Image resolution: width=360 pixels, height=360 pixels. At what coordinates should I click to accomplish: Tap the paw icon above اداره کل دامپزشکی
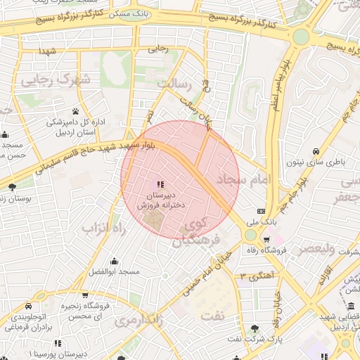point(76,110)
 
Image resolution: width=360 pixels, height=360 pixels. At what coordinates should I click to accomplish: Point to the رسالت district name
point(174,84)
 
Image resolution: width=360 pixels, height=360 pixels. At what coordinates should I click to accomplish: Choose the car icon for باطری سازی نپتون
point(316,152)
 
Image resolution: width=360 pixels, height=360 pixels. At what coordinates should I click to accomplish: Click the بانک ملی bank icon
point(262,211)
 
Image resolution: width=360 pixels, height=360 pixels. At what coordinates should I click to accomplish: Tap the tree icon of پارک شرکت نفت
point(255,328)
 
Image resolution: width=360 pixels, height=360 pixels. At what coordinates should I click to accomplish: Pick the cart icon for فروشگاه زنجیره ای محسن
point(85,295)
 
